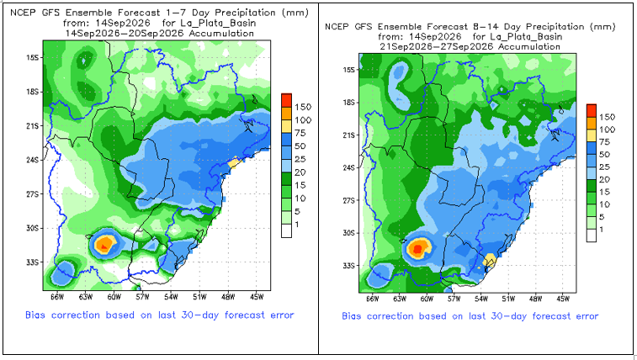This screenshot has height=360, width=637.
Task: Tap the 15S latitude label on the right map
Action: click(x=349, y=70)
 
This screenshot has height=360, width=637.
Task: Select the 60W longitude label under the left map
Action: click(x=114, y=297)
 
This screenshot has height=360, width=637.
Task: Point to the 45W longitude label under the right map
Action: click(x=563, y=299)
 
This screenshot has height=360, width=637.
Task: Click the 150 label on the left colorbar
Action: click(x=303, y=107)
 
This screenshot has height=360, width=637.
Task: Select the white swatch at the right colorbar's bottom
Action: click(x=592, y=236)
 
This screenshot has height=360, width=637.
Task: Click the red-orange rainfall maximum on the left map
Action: click(x=104, y=244)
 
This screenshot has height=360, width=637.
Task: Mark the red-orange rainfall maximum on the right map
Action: click(x=417, y=248)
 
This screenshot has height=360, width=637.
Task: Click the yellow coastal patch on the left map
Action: click(x=233, y=163)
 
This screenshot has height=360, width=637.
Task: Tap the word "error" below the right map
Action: click(x=585, y=316)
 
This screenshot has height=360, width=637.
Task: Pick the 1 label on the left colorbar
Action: click(x=298, y=224)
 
